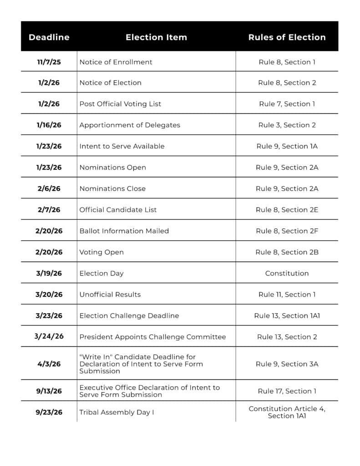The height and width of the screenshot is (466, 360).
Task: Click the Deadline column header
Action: [49, 37]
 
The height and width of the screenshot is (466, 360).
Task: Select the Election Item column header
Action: [156, 37]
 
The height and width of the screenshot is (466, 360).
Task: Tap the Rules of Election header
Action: [287, 37]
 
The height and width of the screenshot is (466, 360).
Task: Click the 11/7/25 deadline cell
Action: [49, 62]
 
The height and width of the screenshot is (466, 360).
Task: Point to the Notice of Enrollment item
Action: [116, 62]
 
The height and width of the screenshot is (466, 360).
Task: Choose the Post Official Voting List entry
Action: [120, 104]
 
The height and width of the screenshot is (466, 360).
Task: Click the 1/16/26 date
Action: [49, 125]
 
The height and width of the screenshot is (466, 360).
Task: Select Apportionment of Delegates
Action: [130, 125]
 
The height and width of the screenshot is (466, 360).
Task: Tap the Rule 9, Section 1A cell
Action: [287, 146]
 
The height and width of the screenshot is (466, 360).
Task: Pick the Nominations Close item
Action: [112, 188]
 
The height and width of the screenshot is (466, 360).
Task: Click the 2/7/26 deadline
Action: [49, 210]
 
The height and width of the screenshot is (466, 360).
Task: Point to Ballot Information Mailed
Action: [124, 231]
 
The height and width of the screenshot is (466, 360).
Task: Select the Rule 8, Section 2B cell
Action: [287, 252]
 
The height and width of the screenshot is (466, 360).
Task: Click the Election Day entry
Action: [101, 274]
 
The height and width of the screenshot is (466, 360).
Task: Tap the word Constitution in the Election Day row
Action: [287, 274]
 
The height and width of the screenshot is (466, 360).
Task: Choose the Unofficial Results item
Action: [110, 294]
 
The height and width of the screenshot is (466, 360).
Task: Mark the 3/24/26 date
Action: [49, 337]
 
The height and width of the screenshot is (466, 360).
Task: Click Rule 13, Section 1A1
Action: [287, 316]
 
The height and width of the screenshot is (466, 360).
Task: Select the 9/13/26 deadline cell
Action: [49, 391]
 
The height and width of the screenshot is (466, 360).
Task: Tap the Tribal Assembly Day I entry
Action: [117, 412]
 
